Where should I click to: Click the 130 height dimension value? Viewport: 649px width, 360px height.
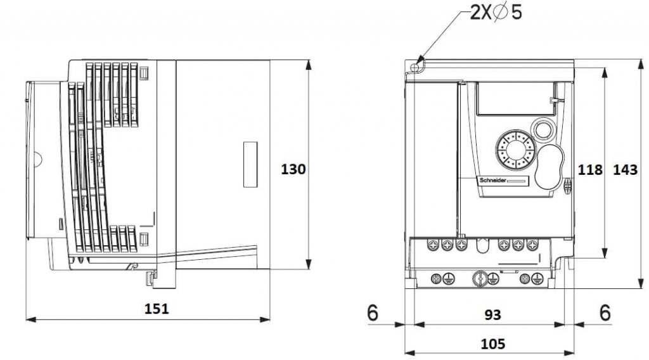pyautogui.click(x=293, y=169)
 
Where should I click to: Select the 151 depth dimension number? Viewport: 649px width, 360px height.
pyautogui.click(x=157, y=309)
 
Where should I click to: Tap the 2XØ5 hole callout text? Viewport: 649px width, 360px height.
pyautogui.click(x=496, y=12)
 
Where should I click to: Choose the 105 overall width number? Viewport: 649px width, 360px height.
pyautogui.click(x=492, y=344)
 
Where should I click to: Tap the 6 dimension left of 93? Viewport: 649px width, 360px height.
pyautogui.click(x=372, y=312)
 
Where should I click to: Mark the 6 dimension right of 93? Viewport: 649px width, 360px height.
pyautogui.click(x=605, y=312)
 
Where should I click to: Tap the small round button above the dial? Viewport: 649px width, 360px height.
pyautogui.click(x=543, y=129)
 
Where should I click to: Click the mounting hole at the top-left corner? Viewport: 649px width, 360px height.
pyautogui.click(x=416, y=66)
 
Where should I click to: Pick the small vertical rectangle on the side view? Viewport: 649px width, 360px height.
pyautogui.click(x=250, y=164)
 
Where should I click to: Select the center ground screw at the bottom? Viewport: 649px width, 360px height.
pyautogui.click(x=480, y=278)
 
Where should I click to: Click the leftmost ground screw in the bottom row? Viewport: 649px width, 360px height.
pyautogui.click(x=436, y=278)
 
